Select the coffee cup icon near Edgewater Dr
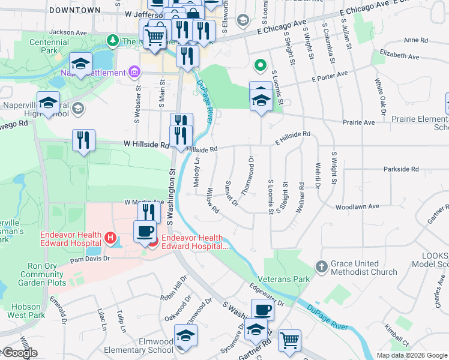(262, 310)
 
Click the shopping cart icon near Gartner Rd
(289, 340)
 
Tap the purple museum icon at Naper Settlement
(134, 73)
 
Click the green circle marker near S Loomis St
(260, 65)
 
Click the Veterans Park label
(284, 279)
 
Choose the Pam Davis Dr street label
(89, 259)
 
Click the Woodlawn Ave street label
(357, 206)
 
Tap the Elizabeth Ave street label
(399, 53)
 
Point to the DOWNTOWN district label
(75, 10)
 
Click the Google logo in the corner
(20, 353)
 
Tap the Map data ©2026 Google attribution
(412, 355)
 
